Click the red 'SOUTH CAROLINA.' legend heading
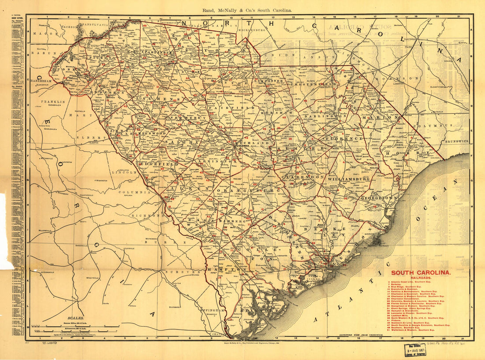point(421,273)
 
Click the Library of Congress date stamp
point(415,349)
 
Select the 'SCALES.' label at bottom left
point(70,317)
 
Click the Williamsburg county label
point(348,180)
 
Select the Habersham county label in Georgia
point(42,82)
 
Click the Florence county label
point(344,138)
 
